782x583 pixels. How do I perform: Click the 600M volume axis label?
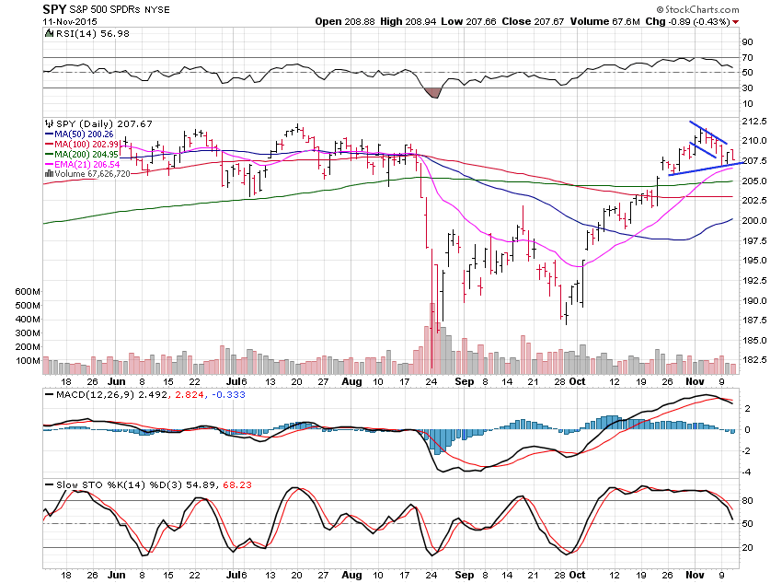tap(29, 292)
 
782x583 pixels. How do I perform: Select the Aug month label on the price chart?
tap(351, 380)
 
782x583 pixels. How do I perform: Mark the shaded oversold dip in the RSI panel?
tap(431, 91)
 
